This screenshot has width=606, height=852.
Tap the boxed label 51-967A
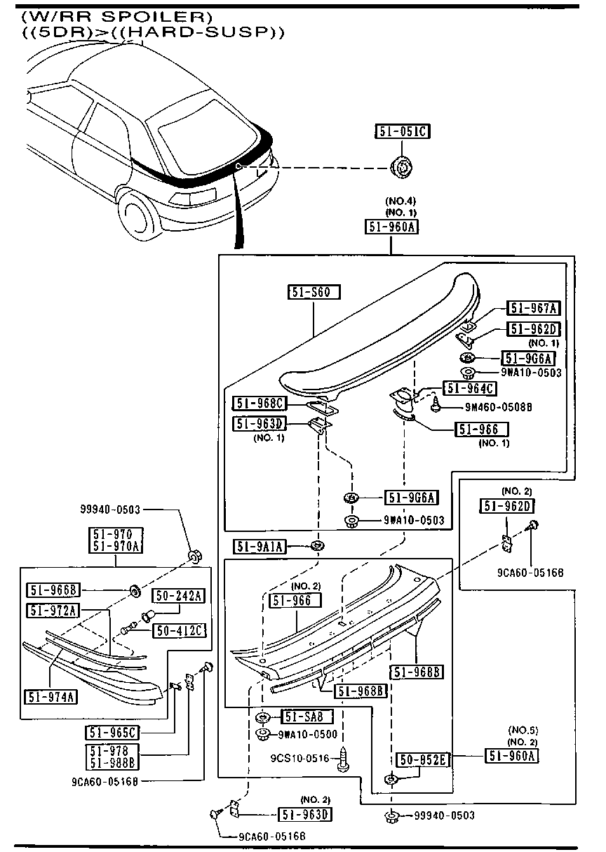(534, 308)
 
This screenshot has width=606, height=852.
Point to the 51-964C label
(469, 388)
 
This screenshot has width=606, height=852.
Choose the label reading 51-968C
(260, 403)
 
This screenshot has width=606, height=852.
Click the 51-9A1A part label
(260, 547)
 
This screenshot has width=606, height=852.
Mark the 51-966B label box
(53, 590)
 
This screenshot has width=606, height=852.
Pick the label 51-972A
(53, 611)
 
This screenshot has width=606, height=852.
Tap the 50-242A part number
(180, 596)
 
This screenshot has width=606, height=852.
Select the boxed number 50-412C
(180, 631)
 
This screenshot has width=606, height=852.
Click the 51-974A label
(53, 697)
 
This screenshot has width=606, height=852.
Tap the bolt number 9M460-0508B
(498, 406)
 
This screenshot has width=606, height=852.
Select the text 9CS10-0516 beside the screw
(299, 759)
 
